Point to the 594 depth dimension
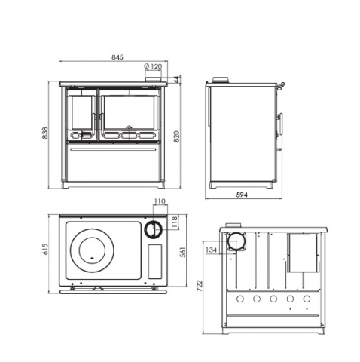pyautogui.click(x=241, y=195)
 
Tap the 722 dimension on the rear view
pyautogui.click(x=201, y=287)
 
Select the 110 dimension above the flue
pyautogui.click(x=159, y=202)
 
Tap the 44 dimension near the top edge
pyautogui.click(x=176, y=78)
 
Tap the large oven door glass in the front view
pyautogui.click(x=128, y=110)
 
